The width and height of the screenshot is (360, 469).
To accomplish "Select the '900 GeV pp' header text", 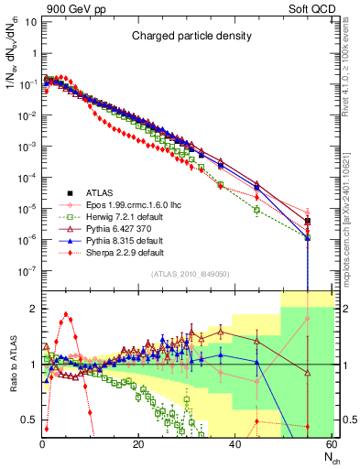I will point(69,8).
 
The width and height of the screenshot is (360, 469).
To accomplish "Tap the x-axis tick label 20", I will point(138,444).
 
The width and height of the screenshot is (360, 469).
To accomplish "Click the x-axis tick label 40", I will point(235,444).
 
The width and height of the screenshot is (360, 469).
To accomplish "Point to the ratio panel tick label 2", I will point(31,309).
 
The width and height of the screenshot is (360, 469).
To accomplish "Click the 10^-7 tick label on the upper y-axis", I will point(27,270).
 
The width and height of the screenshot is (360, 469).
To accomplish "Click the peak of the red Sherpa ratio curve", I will point(65,314).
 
